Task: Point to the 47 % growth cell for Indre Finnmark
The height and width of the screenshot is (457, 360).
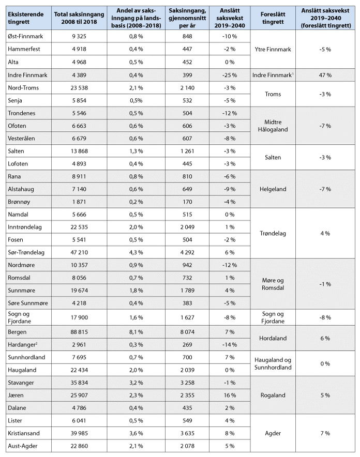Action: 325,75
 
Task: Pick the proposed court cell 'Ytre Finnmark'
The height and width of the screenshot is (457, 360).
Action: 274,50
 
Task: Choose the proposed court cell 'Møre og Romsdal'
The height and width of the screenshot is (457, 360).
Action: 274,284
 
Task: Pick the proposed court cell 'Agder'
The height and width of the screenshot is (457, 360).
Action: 274,433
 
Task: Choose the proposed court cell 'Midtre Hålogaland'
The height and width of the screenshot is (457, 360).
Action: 274,126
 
